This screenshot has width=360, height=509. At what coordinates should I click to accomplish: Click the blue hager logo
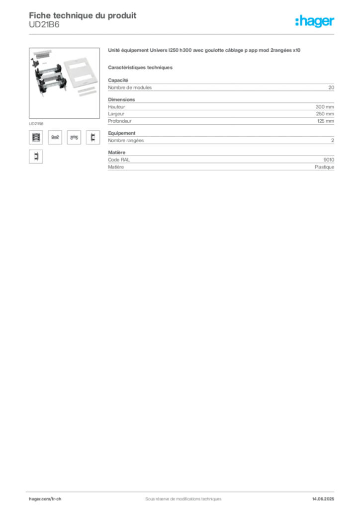pos(315,22)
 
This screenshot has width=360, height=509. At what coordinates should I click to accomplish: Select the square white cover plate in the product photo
pos(84,74)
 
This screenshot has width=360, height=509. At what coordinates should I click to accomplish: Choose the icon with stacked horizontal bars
pos(35,138)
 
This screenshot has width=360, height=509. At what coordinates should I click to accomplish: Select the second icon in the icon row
pos(55,138)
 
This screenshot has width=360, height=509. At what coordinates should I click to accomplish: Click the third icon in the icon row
pos(74,138)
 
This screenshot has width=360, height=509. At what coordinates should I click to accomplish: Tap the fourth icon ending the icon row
pos(92,138)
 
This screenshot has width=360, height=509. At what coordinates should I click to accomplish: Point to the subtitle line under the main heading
pos(141,67)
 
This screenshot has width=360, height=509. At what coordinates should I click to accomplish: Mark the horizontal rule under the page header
pos(182,34)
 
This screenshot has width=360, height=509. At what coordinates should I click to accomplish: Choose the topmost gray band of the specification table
pos(220,87)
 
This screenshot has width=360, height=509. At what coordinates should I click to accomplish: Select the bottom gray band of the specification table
pos(220,162)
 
